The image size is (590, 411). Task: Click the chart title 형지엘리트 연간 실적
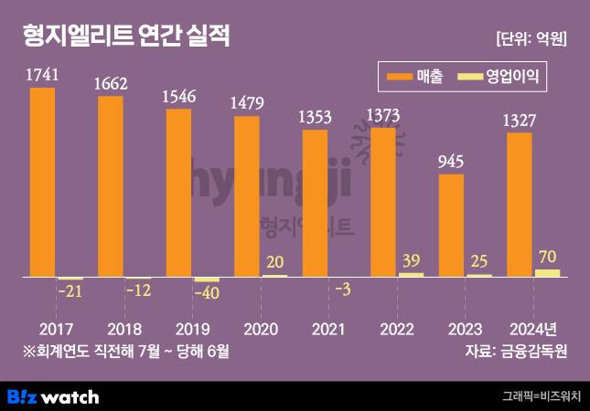click(x=127, y=37)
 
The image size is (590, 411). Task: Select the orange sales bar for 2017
click(x=42, y=183)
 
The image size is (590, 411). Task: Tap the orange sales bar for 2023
click(x=451, y=225)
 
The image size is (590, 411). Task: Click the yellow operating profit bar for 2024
click(x=547, y=272)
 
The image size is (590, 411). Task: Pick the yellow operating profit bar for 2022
click(x=412, y=274)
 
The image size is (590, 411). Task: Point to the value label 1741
click(x=42, y=76)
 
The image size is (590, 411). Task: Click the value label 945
click(x=451, y=162)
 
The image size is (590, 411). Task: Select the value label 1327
click(x=519, y=121)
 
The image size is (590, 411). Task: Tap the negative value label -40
click(x=208, y=294)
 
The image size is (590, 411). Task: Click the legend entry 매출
click(x=415, y=78)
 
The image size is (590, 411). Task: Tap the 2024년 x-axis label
click(x=526, y=328)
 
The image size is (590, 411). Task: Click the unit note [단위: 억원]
click(x=531, y=38)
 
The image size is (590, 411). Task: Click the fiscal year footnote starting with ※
click(x=125, y=351)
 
